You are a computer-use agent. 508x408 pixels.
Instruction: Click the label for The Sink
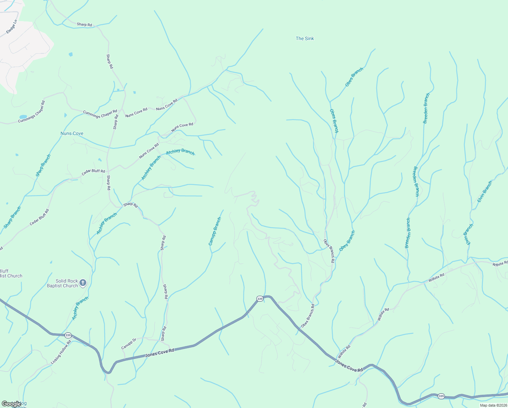pyautogui.click(x=305, y=39)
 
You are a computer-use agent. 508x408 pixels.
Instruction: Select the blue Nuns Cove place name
pyautogui.click(x=72, y=134)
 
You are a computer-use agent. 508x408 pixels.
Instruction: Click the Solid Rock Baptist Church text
pyautogui.click(x=62, y=283)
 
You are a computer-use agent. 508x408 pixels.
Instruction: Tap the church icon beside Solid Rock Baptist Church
pyautogui.click(x=83, y=283)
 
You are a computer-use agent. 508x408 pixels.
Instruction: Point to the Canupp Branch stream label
pyautogui.click(x=215, y=232)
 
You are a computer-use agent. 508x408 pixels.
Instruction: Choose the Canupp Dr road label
pyautogui.click(x=129, y=344)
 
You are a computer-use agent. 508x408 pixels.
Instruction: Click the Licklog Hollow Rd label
pyautogui.click(x=61, y=352)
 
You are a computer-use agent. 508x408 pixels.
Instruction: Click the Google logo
pyautogui.click(x=11, y=404)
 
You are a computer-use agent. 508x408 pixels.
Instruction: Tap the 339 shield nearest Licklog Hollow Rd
pyautogui.click(x=68, y=335)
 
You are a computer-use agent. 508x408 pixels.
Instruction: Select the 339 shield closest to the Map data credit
pyautogui.click(x=441, y=396)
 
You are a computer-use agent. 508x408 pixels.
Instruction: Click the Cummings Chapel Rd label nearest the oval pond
pyautogui.click(x=32, y=112)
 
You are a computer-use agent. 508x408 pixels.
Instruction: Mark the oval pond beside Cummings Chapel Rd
pyautogui.click(x=23, y=117)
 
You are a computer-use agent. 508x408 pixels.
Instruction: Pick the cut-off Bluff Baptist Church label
pyautogui.click(x=10, y=274)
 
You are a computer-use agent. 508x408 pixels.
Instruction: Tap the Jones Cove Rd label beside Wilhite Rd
pyautogui.click(x=349, y=366)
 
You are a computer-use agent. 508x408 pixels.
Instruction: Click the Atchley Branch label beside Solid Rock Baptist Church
pyautogui.click(x=80, y=308)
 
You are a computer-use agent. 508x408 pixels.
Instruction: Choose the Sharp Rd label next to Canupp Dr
pyautogui.click(x=164, y=334)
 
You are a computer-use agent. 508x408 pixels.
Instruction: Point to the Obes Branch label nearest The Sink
pyautogui.click(x=354, y=77)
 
